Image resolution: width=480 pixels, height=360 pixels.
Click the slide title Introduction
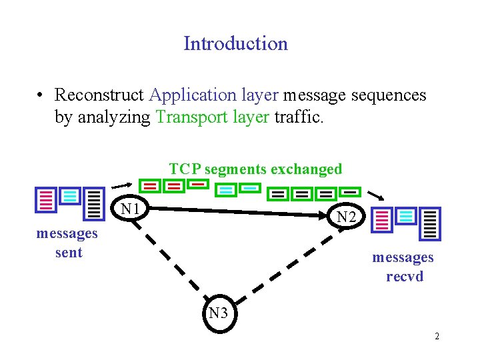[x=235, y=43]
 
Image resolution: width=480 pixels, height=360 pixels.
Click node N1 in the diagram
[x=131, y=209]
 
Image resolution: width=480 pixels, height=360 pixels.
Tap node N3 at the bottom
[x=218, y=313]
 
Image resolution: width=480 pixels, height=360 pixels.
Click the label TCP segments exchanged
[x=255, y=169]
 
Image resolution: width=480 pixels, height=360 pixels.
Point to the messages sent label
[x=67, y=243]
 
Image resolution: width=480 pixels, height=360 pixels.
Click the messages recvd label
[x=403, y=267]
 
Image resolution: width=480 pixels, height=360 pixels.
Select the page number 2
[x=437, y=337]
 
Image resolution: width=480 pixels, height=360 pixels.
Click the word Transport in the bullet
[x=188, y=117]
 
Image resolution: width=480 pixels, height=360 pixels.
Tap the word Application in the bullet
[x=193, y=95]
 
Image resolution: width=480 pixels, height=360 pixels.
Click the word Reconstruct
[x=100, y=95]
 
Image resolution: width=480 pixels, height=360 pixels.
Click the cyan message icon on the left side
[x=69, y=196]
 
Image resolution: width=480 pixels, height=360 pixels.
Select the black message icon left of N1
[x=94, y=204]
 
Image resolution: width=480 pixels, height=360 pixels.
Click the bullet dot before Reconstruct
[x=41, y=96]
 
